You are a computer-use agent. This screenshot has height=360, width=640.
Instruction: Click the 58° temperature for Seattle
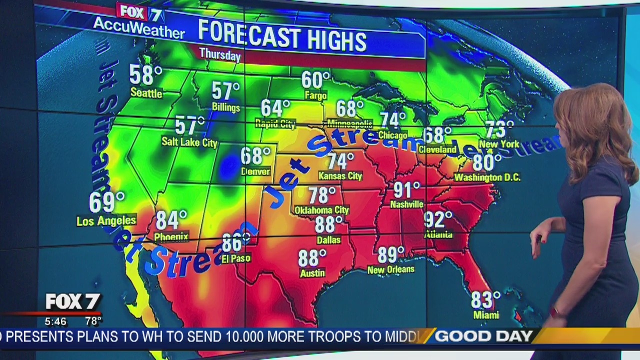pos(145,75)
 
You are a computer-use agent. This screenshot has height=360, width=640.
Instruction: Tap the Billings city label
pos(225,107)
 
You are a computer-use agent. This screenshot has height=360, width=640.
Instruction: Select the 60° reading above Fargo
pos(315,80)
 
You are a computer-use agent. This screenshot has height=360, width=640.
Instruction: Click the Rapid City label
pos(275,124)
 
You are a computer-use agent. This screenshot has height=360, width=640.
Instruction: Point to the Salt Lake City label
pos(189,142)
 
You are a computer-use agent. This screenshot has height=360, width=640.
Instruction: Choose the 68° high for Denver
pos(255,155)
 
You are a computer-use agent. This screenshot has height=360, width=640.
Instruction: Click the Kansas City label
pos(340,176)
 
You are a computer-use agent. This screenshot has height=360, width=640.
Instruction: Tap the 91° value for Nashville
pos(406,190)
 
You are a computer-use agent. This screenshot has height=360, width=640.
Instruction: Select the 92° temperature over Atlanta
pos(437,219)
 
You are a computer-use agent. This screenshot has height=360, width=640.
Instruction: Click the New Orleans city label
pos(390,269)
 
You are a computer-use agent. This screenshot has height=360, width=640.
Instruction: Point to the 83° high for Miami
pos(485,300)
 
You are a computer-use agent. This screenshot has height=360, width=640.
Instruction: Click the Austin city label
pos(312,273)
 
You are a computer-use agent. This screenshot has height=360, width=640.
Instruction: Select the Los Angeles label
pos(106,220)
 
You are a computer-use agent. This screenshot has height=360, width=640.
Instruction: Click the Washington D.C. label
pos(487,177)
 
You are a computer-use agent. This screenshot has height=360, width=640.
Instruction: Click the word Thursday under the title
pos(220,54)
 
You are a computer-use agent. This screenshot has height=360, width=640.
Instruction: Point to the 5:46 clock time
pos(55,321)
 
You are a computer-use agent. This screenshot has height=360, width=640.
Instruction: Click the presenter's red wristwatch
pos(554,312)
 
